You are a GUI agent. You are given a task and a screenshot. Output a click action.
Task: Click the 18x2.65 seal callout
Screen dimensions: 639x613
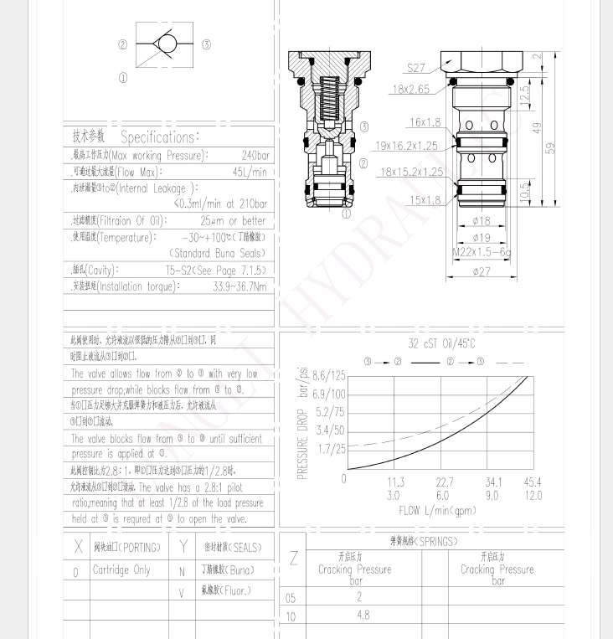pos(410,89)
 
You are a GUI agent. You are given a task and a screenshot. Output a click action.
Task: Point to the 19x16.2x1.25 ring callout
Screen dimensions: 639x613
pos(408,146)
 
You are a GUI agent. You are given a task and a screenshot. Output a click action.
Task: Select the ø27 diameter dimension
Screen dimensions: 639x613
pos(482,271)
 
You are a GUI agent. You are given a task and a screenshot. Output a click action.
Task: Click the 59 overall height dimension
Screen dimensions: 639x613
pos(550,147)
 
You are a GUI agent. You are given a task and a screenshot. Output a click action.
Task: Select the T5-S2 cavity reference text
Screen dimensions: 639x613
pos(215,270)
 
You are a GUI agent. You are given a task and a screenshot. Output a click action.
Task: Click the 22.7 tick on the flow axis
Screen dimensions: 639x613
pos(444,482)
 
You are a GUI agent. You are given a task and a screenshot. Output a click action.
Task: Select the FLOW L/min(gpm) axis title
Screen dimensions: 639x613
pos(437,510)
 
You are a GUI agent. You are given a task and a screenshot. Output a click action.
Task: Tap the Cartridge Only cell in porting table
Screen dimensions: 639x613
pos(121,571)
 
